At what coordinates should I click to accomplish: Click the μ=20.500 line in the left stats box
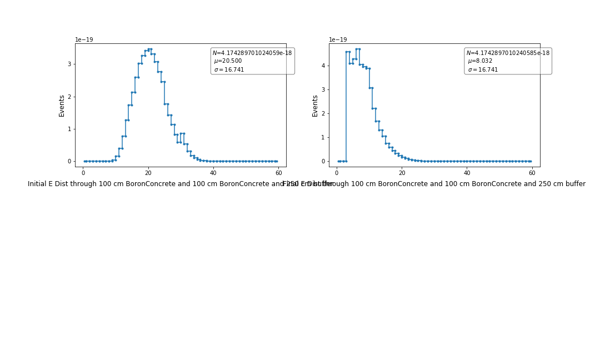point(228,61)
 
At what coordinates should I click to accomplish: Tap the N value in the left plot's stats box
point(252,53)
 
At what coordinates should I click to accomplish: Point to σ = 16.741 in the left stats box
point(229,69)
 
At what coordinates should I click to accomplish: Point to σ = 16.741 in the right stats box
point(483,69)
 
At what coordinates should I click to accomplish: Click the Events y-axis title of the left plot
point(62,106)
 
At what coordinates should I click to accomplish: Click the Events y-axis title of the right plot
point(316,106)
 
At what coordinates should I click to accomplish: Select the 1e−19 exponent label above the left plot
point(84,40)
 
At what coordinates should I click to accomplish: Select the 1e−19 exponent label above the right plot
point(338,40)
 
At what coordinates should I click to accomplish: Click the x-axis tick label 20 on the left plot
point(148,173)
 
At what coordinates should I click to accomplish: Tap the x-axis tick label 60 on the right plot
point(532,173)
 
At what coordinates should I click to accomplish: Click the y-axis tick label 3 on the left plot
point(69,64)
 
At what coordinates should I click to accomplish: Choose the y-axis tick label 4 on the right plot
point(323,66)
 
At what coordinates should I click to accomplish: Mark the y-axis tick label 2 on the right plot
point(323,113)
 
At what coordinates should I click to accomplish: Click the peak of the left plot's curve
point(149,49)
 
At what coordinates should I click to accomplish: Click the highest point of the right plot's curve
point(358,49)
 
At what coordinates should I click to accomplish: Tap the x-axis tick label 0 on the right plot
point(337,173)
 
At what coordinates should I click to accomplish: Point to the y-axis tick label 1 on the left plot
point(69,129)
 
